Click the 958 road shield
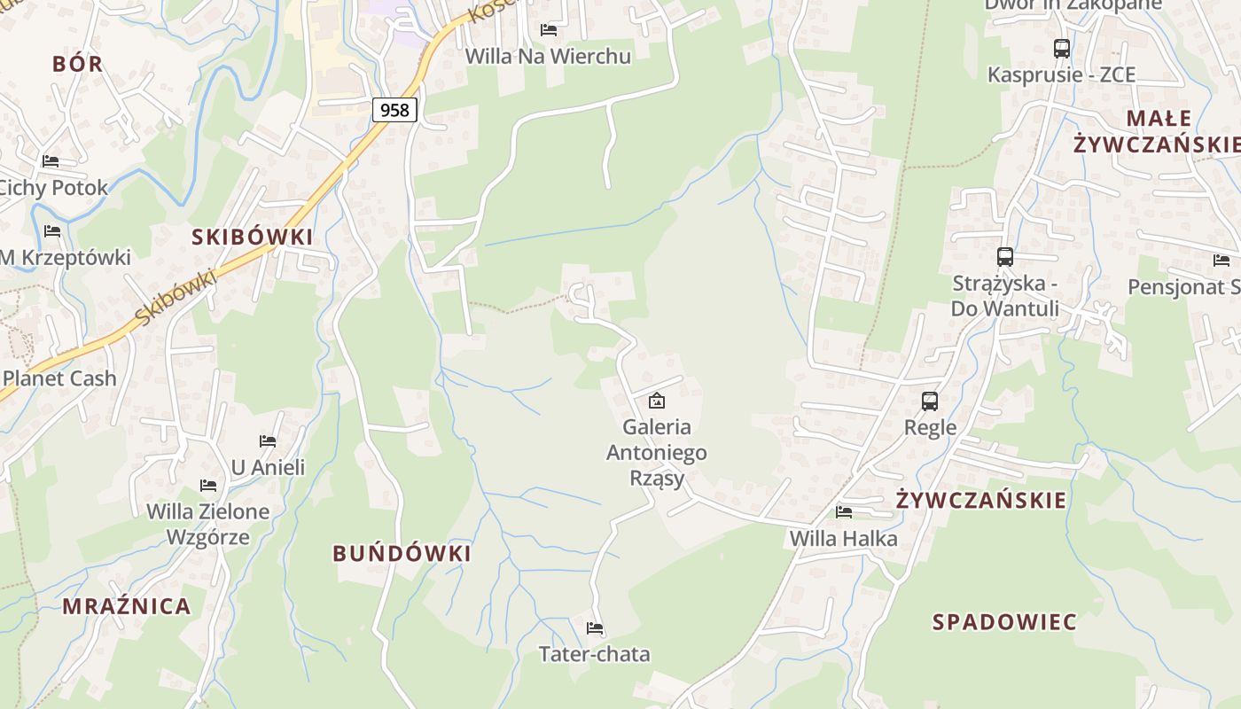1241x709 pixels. [394, 110]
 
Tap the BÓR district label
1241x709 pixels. [78, 64]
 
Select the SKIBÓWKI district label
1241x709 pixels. [253, 237]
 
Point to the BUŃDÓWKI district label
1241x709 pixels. [402, 554]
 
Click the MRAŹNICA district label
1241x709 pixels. [127, 606]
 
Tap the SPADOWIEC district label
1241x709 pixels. [1004, 622]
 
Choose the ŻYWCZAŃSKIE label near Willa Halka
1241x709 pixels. [981, 500]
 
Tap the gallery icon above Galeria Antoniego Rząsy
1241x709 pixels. [656, 401]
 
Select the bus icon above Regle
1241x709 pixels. [930, 401]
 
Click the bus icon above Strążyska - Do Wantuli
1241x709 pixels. [1004, 257]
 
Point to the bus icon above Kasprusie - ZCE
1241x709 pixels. [1061, 49]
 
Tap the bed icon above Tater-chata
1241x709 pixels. [595, 628]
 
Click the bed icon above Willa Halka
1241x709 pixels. [844, 512]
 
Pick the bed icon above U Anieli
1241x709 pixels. [268, 441]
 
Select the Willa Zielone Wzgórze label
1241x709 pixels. [208, 524]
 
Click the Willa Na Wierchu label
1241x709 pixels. [548, 57]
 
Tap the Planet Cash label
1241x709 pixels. [59, 378]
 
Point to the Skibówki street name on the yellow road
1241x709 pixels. [177, 298]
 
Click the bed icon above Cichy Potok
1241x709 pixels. [51, 161]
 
